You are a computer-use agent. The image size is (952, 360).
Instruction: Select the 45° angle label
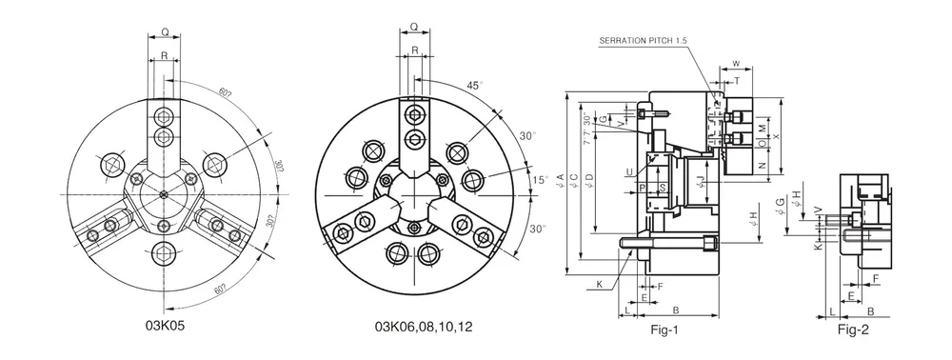[x=474, y=85]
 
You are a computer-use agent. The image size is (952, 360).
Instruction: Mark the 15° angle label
[x=540, y=179]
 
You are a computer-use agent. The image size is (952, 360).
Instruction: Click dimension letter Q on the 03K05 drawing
[x=165, y=32]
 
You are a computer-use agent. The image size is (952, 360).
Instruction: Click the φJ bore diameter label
[x=700, y=179]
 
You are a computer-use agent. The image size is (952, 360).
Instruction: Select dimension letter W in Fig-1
[x=737, y=64]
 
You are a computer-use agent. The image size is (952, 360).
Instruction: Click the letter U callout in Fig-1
[x=629, y=172]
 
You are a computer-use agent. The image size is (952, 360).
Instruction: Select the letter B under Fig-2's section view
[x=871, y=311]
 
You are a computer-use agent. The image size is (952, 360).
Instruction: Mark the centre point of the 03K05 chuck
[x=165, y=194]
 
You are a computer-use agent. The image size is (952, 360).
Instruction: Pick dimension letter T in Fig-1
[x=736, y=82]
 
